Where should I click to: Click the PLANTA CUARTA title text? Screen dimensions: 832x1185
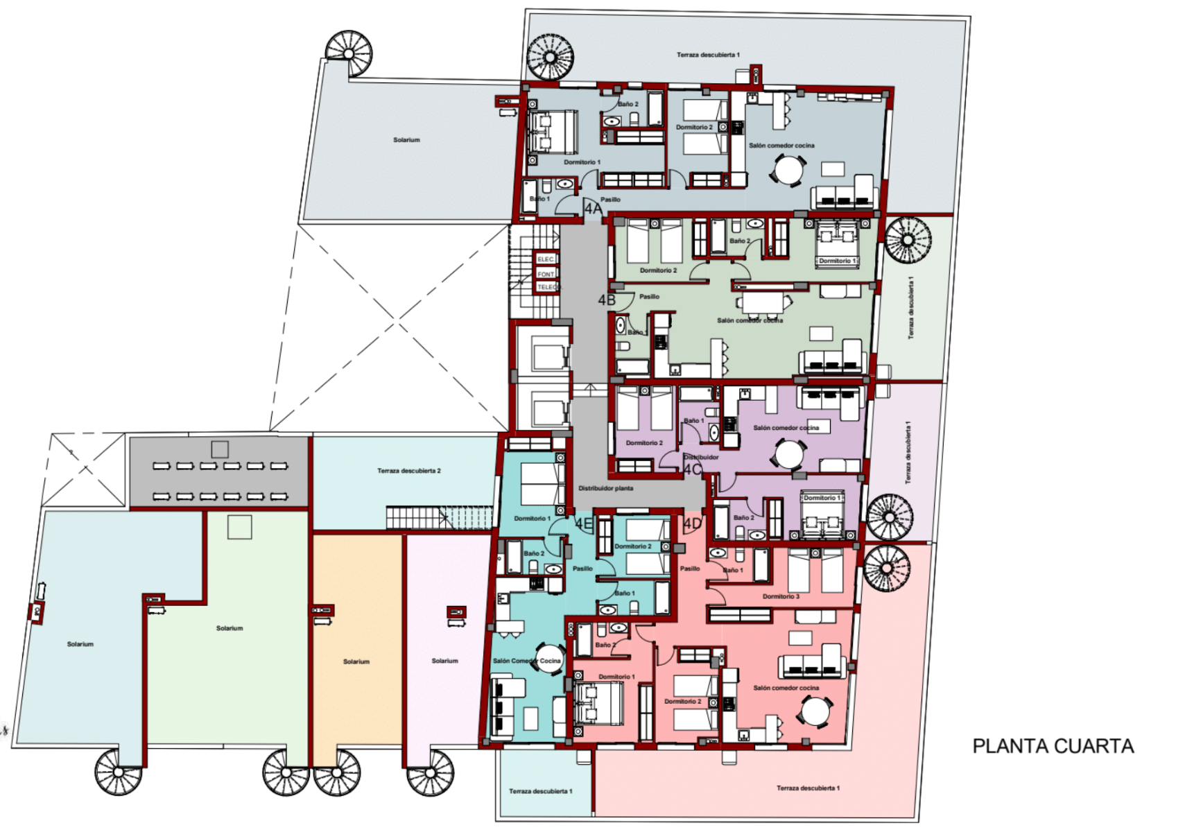(1053, 746)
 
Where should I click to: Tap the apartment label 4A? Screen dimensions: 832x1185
(593, 209)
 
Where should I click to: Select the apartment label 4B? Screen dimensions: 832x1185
(607, 300)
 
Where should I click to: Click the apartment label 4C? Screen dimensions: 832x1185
(693, 469)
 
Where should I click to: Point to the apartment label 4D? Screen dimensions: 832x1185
(693, 524)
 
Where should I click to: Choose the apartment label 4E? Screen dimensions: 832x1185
(583, 524)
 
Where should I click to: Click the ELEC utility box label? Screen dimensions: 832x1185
(546, 259)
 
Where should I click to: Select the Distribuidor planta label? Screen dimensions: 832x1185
(605, 488)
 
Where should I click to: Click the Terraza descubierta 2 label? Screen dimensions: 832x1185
(408, 471)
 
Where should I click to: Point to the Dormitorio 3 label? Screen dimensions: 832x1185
(781, 596)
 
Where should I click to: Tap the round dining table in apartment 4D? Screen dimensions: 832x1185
(815, 712)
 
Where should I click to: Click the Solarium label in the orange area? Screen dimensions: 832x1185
(356, 661)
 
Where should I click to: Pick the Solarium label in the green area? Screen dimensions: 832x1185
(230, 628)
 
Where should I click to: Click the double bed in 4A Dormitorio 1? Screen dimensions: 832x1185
(553, 132)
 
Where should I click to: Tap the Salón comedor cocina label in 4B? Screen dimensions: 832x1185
(750, 320)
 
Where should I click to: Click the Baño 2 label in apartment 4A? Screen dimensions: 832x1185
(628, 104)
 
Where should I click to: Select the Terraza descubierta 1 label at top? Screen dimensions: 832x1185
(708, 55)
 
